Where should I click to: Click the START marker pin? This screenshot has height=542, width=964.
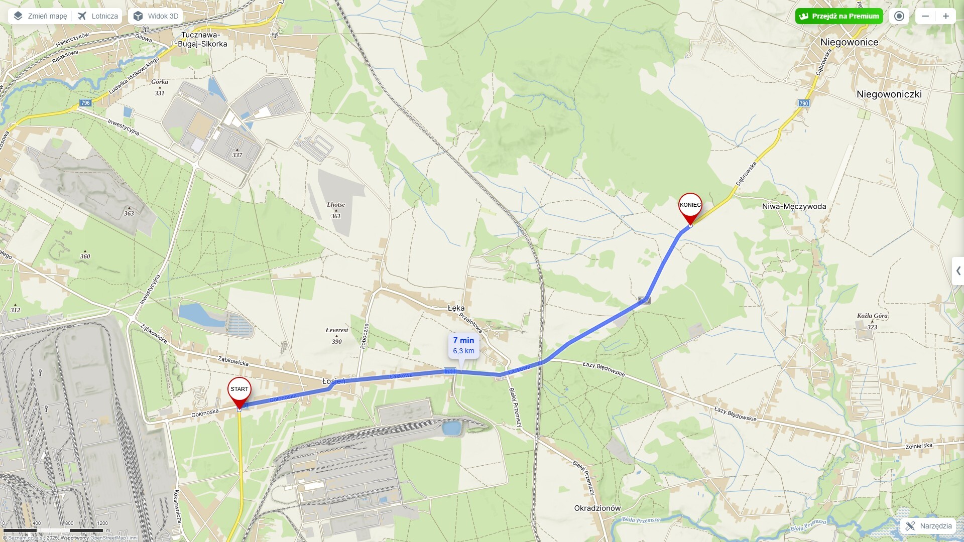[239, 390]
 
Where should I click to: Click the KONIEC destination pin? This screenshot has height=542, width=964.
[690, 206]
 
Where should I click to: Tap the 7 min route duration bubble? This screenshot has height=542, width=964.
[463, 345]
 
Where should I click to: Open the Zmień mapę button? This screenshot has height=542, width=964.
[40, 16]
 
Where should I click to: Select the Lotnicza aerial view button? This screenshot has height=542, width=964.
[98, 16]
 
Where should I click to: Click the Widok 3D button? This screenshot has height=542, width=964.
[156, 16]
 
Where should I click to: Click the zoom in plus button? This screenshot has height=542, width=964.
[945, 16]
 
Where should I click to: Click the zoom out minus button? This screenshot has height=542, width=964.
[925, 16]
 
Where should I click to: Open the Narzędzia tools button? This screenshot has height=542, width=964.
[929, 526]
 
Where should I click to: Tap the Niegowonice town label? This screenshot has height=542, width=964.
[849, 42]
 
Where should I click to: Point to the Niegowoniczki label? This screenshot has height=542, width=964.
[889, 94]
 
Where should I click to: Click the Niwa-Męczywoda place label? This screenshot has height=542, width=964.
[793, 206]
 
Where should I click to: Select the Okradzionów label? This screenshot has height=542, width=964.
[597, 508]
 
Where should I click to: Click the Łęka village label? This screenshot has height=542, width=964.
[456, 308]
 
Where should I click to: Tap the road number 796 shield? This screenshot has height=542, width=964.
[85, 103]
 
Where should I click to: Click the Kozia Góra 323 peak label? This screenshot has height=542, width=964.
[872, 321]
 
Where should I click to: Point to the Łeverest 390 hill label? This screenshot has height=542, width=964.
[336, 335]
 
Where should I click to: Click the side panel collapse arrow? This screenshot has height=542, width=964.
[958, 271]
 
